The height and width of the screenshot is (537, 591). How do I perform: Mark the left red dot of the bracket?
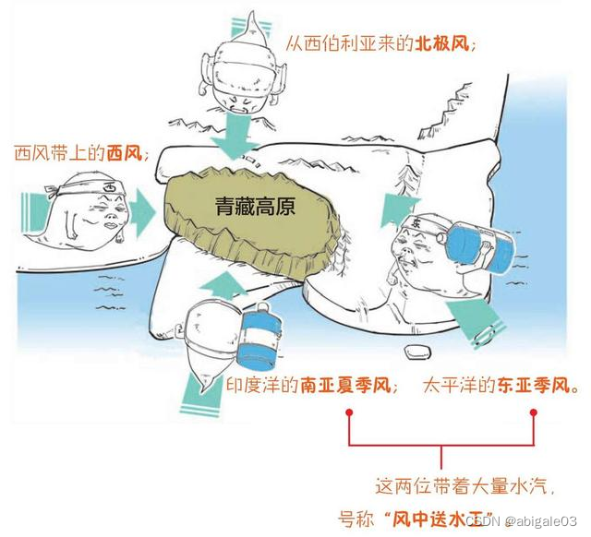coord(350,415)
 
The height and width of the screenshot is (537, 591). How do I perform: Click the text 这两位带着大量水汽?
coord(452,483)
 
